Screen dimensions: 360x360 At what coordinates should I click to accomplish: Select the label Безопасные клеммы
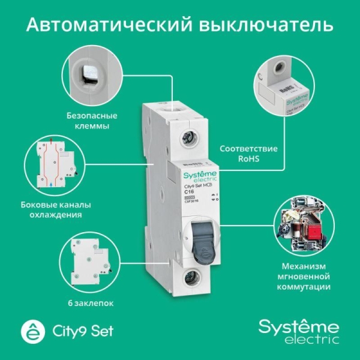tap(92, 121)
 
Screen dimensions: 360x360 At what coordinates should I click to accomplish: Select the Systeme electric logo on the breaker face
tap(192, 176)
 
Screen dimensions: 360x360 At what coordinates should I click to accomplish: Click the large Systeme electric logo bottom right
tap(298, 332)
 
